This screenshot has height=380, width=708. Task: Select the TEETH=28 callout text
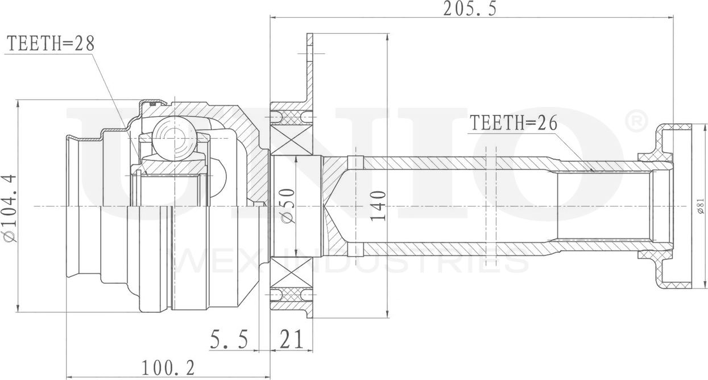pyautogui.click(x=49, y=44)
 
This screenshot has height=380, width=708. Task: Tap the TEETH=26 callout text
pyautogui.click(x=512, y=122)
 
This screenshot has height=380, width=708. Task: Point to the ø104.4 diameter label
pyautogui.click(x=10, y=208)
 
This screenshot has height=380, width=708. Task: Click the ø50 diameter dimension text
pyautogui.click(x=288, y=205)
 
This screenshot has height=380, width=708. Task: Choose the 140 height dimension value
pyautogui.click(x=379, y=205)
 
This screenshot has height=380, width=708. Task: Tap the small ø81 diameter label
pyautogui.click(x=699, y=206)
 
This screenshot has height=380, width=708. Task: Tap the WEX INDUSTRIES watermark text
pyautogui.click(x=353, y=262)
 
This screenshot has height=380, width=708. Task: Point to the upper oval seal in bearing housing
pyautogui.click(x=292, y=117)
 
